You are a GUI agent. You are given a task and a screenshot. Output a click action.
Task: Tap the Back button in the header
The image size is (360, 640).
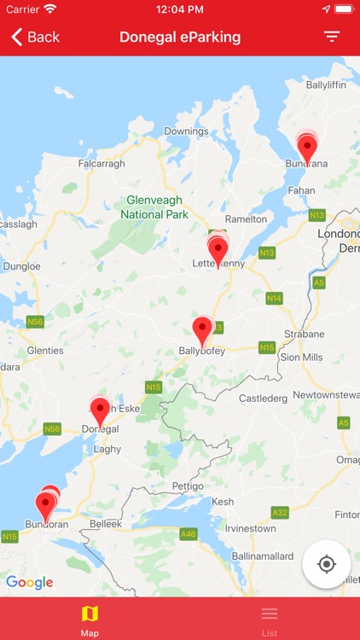click(x=35, y=37)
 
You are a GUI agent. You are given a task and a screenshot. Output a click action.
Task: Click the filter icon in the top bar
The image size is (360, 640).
click(x=331, y=37)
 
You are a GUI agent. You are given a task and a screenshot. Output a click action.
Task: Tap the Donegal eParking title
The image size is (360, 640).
click(x=180, y=37)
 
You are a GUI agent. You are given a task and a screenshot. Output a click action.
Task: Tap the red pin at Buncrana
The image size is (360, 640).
click(x=307, y=148)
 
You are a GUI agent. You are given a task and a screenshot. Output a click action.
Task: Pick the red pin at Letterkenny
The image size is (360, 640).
click(x=218, y=251)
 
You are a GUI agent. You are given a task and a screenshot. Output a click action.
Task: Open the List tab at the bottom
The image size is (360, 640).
click(x=270, y=620)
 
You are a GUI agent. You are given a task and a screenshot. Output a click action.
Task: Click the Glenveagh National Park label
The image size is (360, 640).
click(x=155, y=207)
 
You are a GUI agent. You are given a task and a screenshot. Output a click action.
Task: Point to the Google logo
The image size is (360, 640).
click(x=29, y=583)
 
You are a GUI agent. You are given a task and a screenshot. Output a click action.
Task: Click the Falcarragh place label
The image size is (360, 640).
click(x=102, y=164)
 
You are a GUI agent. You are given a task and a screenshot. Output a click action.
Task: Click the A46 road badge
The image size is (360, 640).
click(x=189, y=533)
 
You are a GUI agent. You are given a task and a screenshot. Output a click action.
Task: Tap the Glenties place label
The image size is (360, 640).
click(x=45, y=351)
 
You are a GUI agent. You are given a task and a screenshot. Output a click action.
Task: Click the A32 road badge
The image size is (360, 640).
click(x=280, y=512)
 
